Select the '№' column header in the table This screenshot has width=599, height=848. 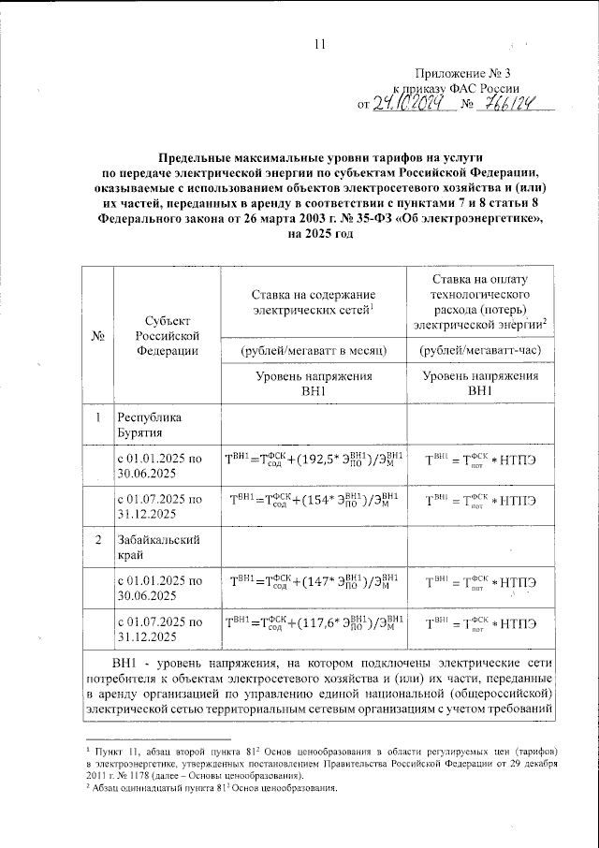[x=98, y=336]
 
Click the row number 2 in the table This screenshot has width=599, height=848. [x=98, y=539]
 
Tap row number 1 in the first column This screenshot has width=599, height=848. [x=98, y=417]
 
